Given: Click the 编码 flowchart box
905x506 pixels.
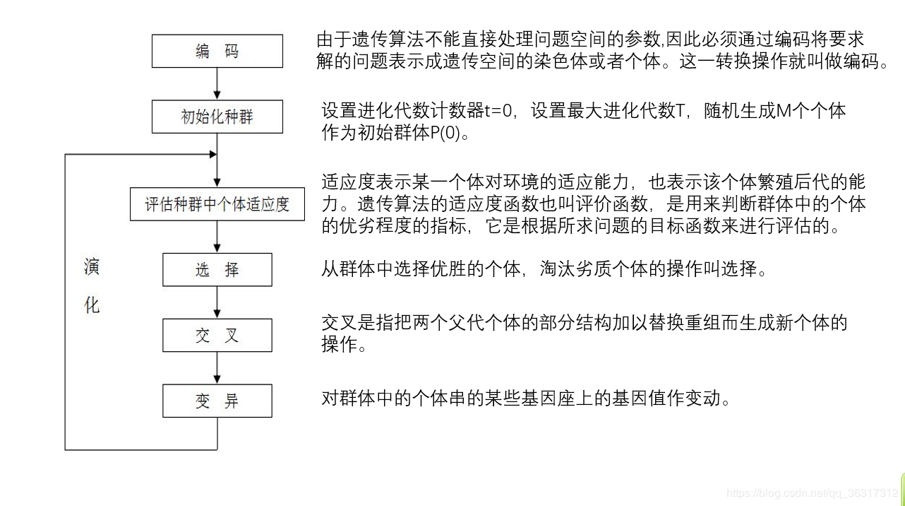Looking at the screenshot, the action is (x=217, y=51).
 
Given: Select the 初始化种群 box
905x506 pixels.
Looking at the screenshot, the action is (x=217, y=117).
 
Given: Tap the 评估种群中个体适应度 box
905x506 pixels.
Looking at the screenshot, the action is (x=217, y=204).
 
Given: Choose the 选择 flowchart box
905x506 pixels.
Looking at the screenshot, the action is (x=217, y=270).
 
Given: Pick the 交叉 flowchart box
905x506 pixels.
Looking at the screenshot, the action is (x=217, y=336).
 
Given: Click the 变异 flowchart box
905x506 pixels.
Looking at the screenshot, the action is (x=217, y=401).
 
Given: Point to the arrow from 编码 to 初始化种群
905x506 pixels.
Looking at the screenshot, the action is (x=217, y=84).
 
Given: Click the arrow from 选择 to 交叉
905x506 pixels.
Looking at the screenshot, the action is (x=217, y=302).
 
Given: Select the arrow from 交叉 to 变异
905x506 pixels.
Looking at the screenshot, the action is (x=217, y=368).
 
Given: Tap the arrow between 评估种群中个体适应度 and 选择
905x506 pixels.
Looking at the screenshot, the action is (x=217, y=237).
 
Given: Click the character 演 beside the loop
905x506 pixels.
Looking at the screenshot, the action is (x=92, y=267).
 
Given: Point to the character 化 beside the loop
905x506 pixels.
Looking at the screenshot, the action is (x=92, y=305).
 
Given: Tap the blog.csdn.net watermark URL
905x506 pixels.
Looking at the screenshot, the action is (x=813, y=493).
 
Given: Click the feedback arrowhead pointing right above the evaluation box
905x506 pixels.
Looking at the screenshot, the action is (x=211, y=154).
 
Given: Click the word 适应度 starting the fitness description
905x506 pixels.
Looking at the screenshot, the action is (x=350, y=182).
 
